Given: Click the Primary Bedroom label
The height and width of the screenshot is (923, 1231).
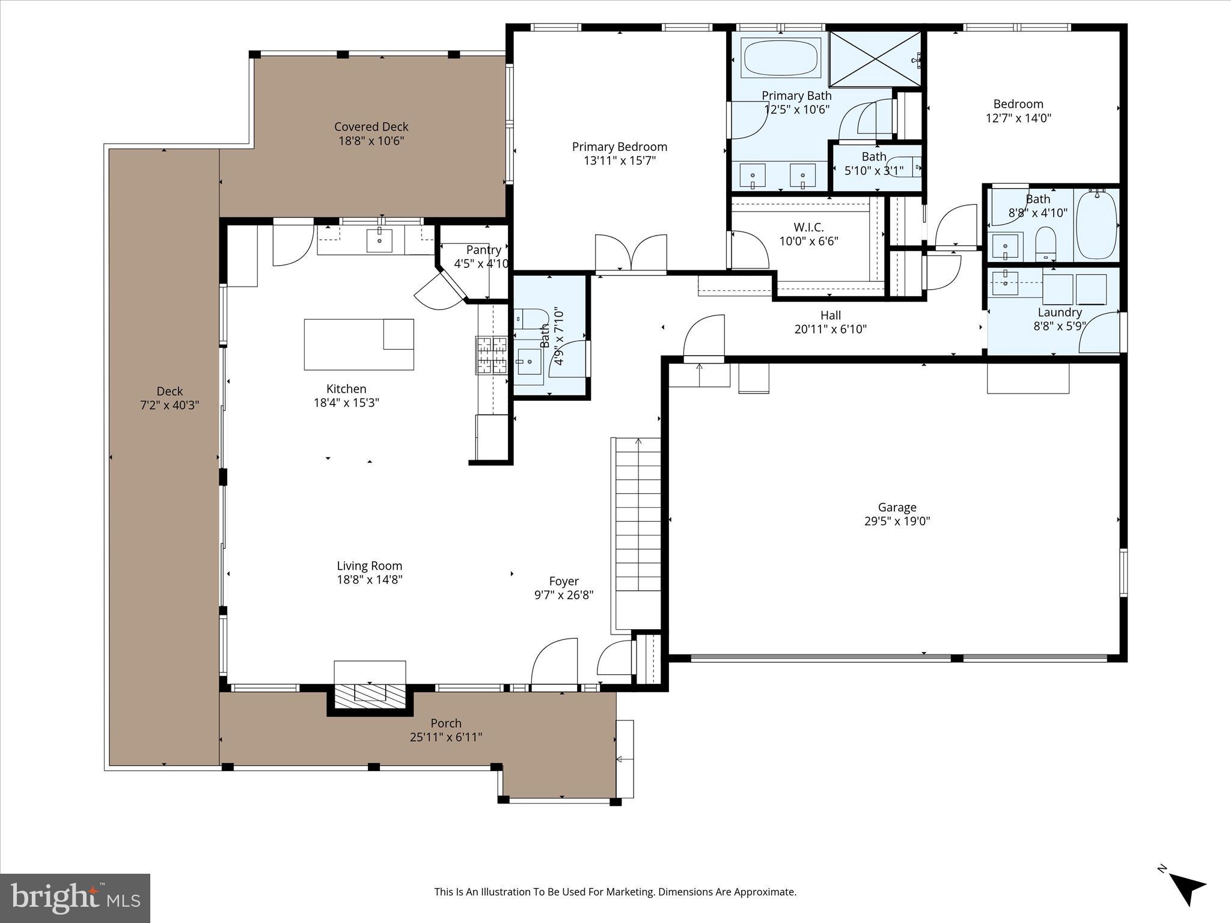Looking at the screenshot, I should (619, 147).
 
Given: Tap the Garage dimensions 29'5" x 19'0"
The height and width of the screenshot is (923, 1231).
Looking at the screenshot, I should (897, 521).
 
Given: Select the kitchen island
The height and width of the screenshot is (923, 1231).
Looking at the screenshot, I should (359, 344).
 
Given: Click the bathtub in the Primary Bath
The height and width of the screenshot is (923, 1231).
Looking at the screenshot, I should (781, 58).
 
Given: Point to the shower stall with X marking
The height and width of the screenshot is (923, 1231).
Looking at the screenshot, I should (875, 58).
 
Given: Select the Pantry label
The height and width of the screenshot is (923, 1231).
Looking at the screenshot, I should (483, 249).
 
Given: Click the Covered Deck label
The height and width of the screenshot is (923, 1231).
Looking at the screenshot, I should (371, 127).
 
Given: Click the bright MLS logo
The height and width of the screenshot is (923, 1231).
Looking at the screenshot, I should (75, 898).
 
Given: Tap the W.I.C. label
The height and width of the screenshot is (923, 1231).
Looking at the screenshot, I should (808, 227).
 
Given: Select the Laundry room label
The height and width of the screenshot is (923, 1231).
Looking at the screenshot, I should (1059, 312).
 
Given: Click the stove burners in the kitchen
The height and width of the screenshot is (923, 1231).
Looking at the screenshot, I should (492, 355).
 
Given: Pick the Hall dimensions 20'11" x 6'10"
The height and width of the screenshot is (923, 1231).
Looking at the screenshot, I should (830, 329).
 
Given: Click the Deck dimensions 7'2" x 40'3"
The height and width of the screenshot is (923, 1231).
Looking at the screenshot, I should (170, 406).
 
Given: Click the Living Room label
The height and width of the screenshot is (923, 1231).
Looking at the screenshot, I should (369, 565).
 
